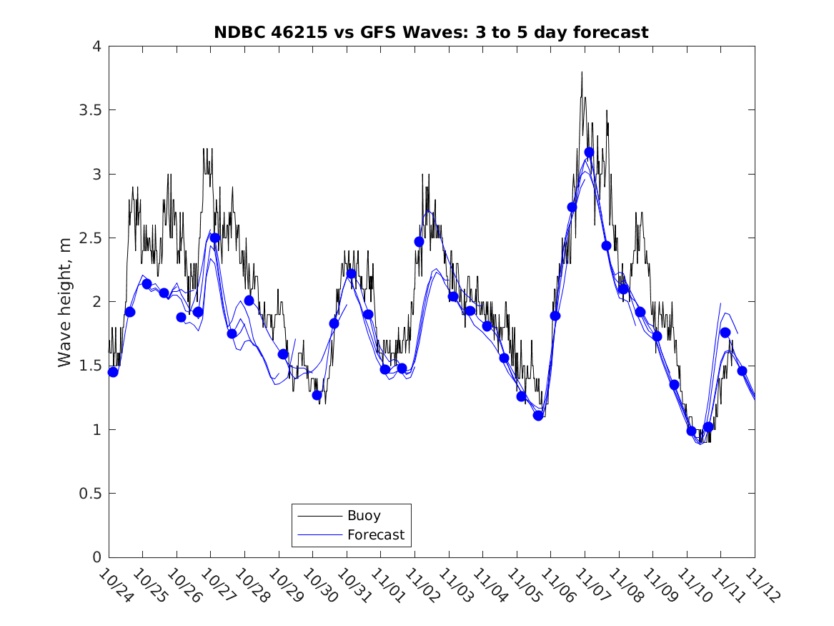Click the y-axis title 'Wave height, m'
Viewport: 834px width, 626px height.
tap(65, 301)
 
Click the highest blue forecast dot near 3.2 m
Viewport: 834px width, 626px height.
tap(589, 152)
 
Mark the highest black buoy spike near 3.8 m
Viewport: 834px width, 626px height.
tap(582, 72)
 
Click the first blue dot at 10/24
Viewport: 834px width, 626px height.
tap(113, 372)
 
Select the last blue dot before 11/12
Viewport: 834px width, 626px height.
tap(742, 371)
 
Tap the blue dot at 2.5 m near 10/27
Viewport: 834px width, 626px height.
tap(215, 238)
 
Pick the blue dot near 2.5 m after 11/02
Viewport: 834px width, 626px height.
tap(419, 242)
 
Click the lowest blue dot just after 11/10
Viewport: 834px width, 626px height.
tap(691, 431)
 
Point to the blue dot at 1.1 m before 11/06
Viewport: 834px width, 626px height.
tap(538, 415)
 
